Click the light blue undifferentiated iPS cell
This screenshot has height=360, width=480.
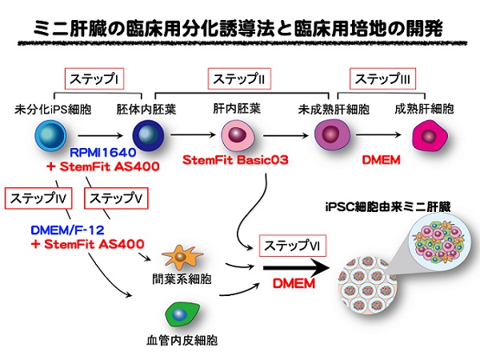point(50,135)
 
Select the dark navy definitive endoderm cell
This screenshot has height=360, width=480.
point(148,135)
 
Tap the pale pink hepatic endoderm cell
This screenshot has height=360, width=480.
point(238,135)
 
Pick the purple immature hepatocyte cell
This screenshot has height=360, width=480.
point(332,134)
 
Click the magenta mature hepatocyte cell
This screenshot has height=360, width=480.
point(430,135)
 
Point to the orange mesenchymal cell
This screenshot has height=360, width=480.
point(182,257)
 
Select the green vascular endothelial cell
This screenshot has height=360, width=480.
point(182,314)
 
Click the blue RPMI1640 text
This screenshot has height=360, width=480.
point(103,153)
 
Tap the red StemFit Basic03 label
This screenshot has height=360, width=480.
point(235,160)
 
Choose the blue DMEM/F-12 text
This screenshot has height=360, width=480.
point(68,230)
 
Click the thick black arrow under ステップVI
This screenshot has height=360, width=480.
point(296,268)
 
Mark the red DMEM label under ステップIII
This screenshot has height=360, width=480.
point(381,160)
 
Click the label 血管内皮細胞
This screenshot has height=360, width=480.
point(182,341)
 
